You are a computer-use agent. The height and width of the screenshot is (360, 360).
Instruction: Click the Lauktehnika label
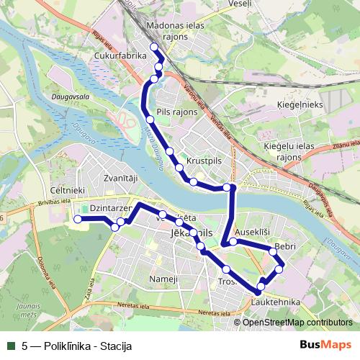tap(276, 302)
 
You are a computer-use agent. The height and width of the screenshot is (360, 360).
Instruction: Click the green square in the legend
tap(11, 346)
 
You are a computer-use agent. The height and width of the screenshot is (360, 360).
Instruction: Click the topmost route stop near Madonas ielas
tap(153, 48)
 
